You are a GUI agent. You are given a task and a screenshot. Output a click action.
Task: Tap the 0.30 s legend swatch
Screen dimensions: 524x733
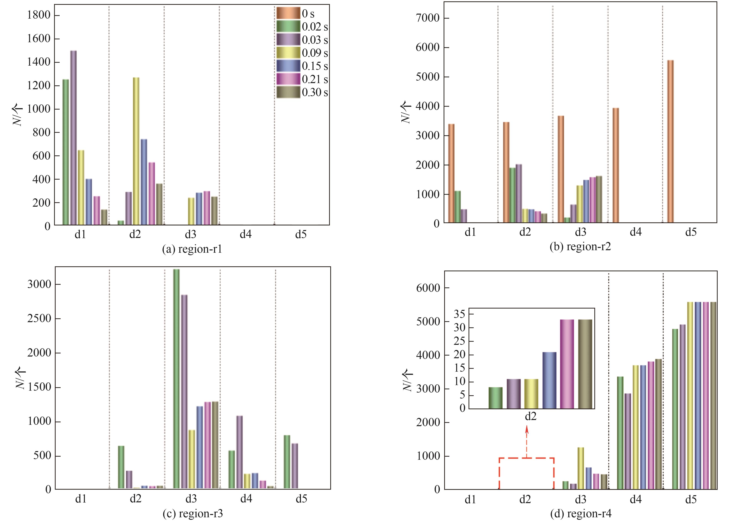pyautogui.click(x=288, y=92)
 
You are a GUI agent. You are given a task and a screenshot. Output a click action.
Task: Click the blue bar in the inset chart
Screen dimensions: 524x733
pyautogui.click(x=549, y=380)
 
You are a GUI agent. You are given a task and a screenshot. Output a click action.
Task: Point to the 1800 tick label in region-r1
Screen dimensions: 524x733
pyautogui.click(x=39, y=15)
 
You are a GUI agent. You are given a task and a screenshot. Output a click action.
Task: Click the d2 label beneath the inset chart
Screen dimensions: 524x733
pyautogui.click(x=530, y=416)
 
